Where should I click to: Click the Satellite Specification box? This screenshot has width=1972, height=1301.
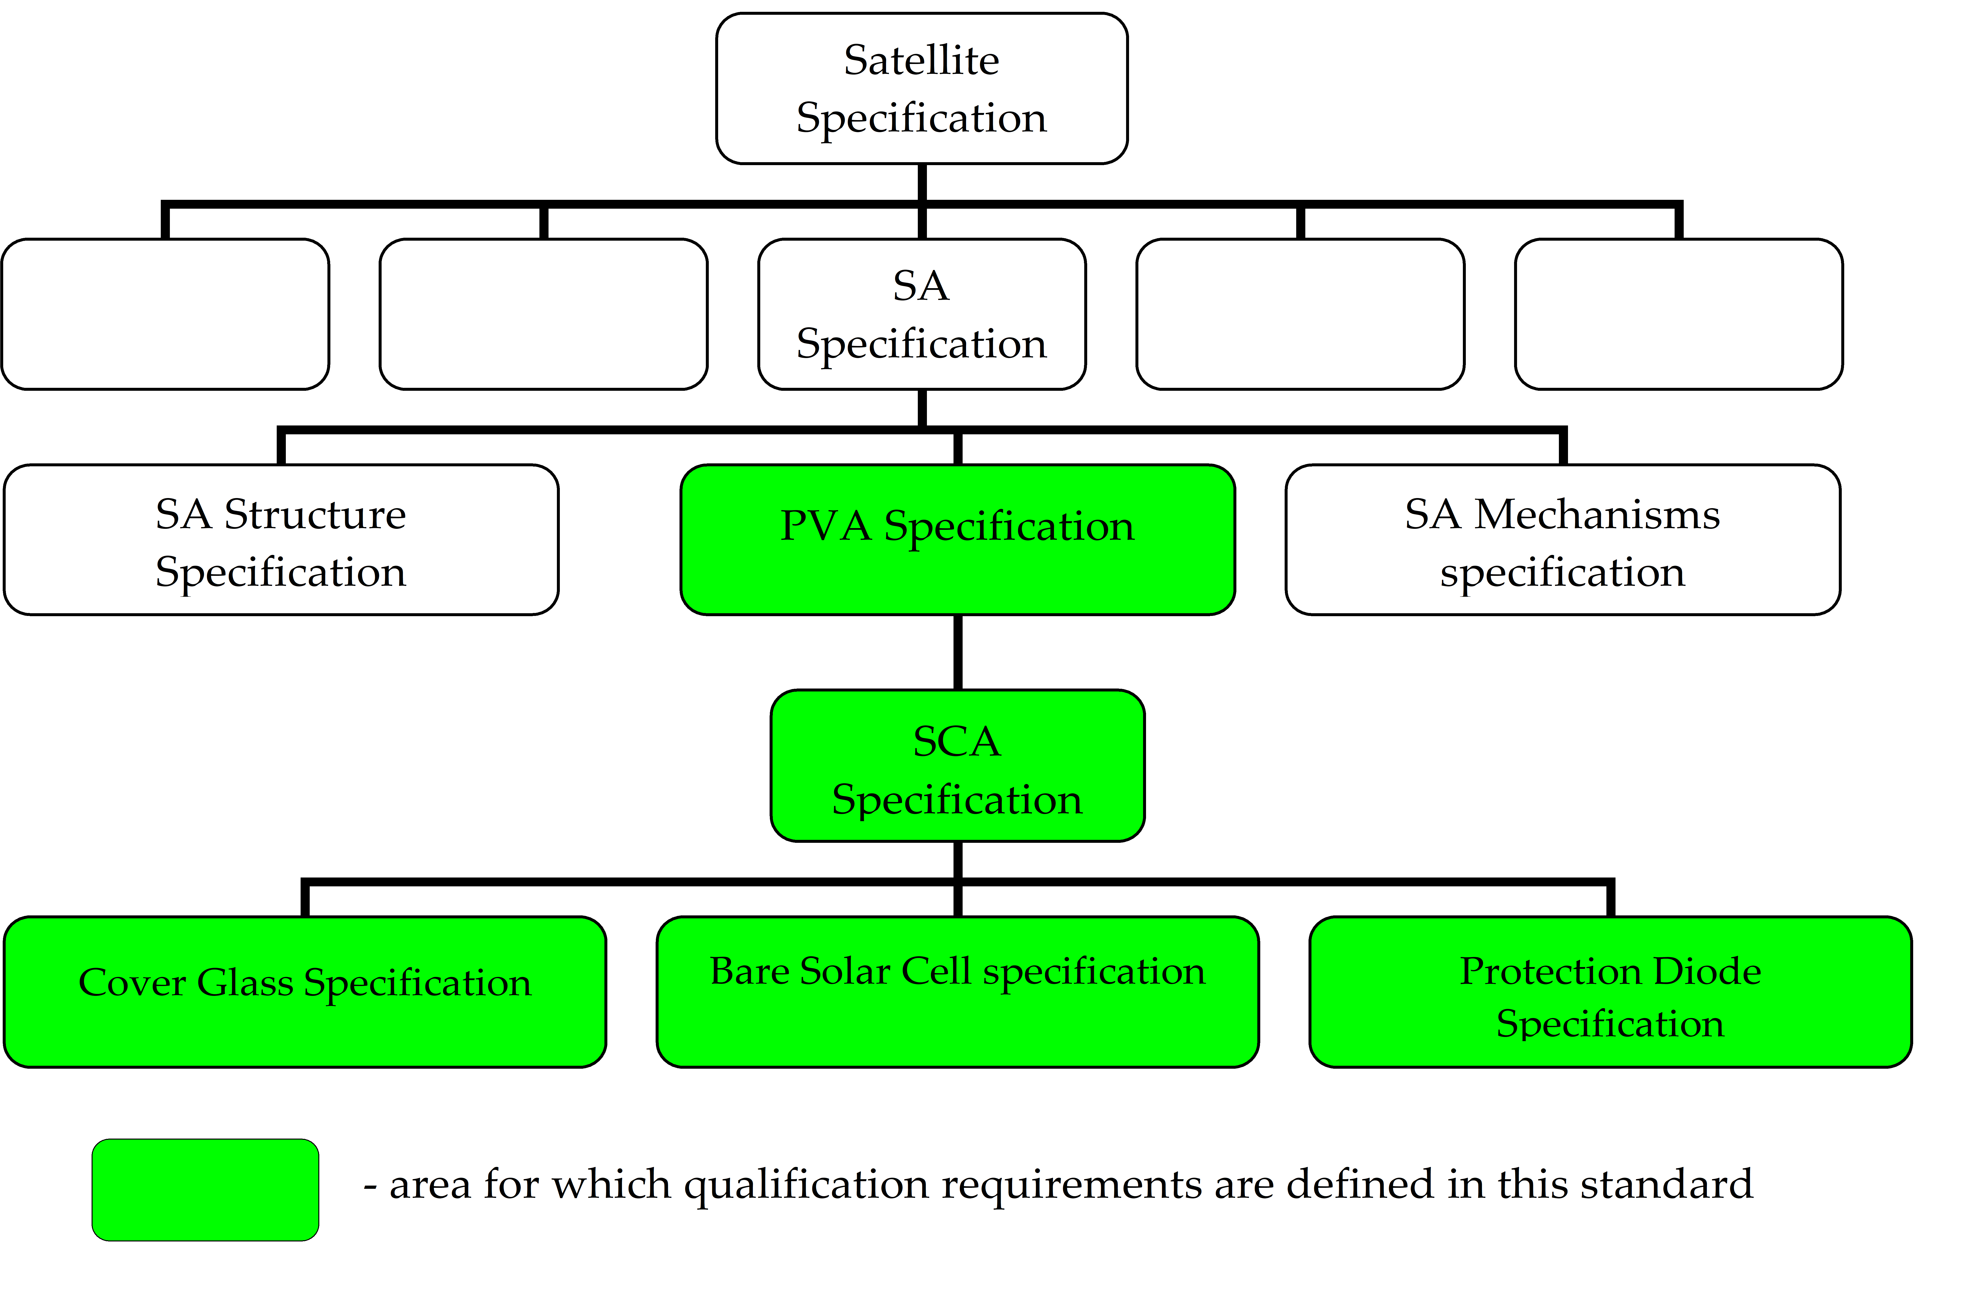[x=921, y=88]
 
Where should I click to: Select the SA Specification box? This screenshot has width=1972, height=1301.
[x=921, y=314]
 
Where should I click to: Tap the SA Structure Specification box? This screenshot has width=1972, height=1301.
[x=280, y=539]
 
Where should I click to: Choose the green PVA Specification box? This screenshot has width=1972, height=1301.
[x=957, y=539]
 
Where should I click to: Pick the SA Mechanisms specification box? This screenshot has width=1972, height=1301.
[x=1562, y=539]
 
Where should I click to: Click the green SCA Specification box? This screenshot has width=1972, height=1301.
[x=957, y=765]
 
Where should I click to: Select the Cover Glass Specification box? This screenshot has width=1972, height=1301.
[x=305, y=991]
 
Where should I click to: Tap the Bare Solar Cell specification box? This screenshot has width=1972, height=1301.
[x=957, y=991]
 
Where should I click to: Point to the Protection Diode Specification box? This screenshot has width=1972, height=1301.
[x=1610, y=991]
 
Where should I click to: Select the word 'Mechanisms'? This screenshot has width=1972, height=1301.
[x=1597, y=515]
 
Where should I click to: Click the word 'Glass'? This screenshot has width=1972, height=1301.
[x=246, y=983]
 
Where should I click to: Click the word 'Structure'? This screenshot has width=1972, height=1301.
[x=315, y=515]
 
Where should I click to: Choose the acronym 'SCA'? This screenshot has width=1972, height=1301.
[x=957, y=741]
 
